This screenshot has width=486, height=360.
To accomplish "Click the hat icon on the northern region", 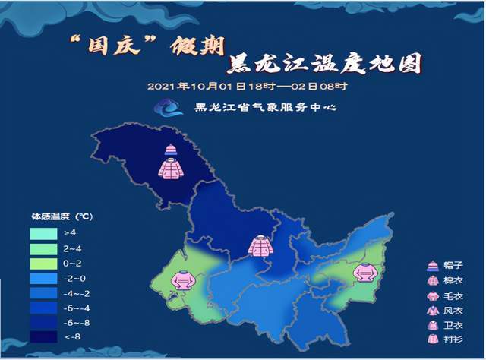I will (169, 149).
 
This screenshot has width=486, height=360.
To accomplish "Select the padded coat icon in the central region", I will (260, 246).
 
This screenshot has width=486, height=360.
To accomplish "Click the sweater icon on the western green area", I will (183, 281).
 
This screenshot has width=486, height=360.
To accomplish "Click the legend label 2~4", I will (71, 248).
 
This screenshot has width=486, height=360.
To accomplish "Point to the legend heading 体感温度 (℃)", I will (62, 216).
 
